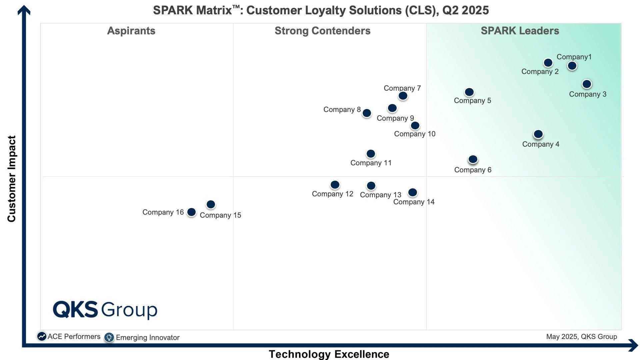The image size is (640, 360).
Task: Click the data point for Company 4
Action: [x=538, y=134]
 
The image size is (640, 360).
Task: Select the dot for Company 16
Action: [x=191, y=212]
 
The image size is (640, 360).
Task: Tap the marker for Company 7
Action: [x=403, y=96]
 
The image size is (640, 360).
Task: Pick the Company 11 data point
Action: [x=371, y=154]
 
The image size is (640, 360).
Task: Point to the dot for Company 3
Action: [x=587, y=84]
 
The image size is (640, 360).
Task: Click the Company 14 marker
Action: [x=412, y=192]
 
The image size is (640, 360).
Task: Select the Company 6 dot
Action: [x=473, y=159]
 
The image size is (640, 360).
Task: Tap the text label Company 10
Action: [x=414, y=134]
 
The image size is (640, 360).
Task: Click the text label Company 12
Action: [x=332, y=194]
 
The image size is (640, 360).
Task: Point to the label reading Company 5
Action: [x=472, y=101]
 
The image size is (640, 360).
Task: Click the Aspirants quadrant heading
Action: [x=131, y=31]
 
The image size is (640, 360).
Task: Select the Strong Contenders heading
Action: [x=322, y=31]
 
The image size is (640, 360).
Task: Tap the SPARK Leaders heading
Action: [x=520, y=31]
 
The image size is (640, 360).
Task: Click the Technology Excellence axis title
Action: [x=329, y=354]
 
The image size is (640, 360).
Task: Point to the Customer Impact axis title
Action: [x=12, y=179]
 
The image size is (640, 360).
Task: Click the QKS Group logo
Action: [x=105, y=310]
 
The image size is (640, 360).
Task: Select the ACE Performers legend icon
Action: [x=42, y=336]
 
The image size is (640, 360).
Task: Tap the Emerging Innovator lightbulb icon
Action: [x=109, y=337]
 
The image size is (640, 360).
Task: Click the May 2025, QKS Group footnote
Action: [x=581, y=337]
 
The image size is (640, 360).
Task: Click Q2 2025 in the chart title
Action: [x=465, y=10]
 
